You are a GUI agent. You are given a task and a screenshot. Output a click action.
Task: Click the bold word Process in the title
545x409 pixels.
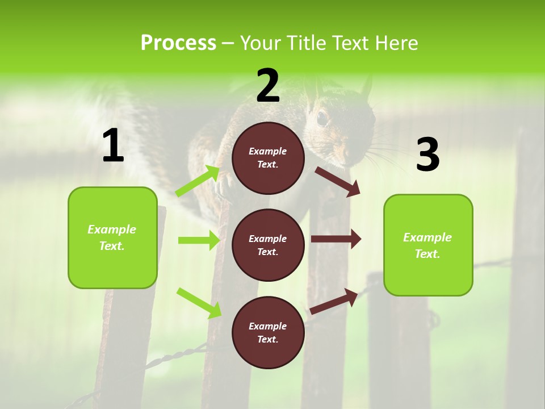point(178,43)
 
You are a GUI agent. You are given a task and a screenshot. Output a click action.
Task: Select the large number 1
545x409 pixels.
point(113,146)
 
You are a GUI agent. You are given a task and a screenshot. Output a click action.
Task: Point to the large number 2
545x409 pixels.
point(268,85)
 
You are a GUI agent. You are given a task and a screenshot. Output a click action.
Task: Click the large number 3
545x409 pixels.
point(427,155)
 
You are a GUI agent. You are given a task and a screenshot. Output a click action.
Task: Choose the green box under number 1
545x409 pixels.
point(112,237)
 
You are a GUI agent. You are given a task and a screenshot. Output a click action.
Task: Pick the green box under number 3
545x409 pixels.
point(428,245)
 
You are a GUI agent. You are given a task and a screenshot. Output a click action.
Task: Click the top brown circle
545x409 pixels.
point(268,158)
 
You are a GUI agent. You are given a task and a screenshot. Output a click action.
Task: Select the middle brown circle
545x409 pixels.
point(268,245)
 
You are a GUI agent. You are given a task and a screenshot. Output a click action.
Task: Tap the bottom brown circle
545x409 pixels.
point(268,332)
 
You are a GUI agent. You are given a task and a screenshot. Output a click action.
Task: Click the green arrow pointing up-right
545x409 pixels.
point(198,181)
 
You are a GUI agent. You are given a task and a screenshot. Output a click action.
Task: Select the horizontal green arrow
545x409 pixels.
point(199,240)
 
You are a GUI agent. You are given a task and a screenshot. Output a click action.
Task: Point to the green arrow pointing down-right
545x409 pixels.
point(199,302)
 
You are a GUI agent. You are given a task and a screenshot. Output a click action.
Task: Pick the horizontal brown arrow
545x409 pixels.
point(336,239)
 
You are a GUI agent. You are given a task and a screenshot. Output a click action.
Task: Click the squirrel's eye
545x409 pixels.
point(322,118)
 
